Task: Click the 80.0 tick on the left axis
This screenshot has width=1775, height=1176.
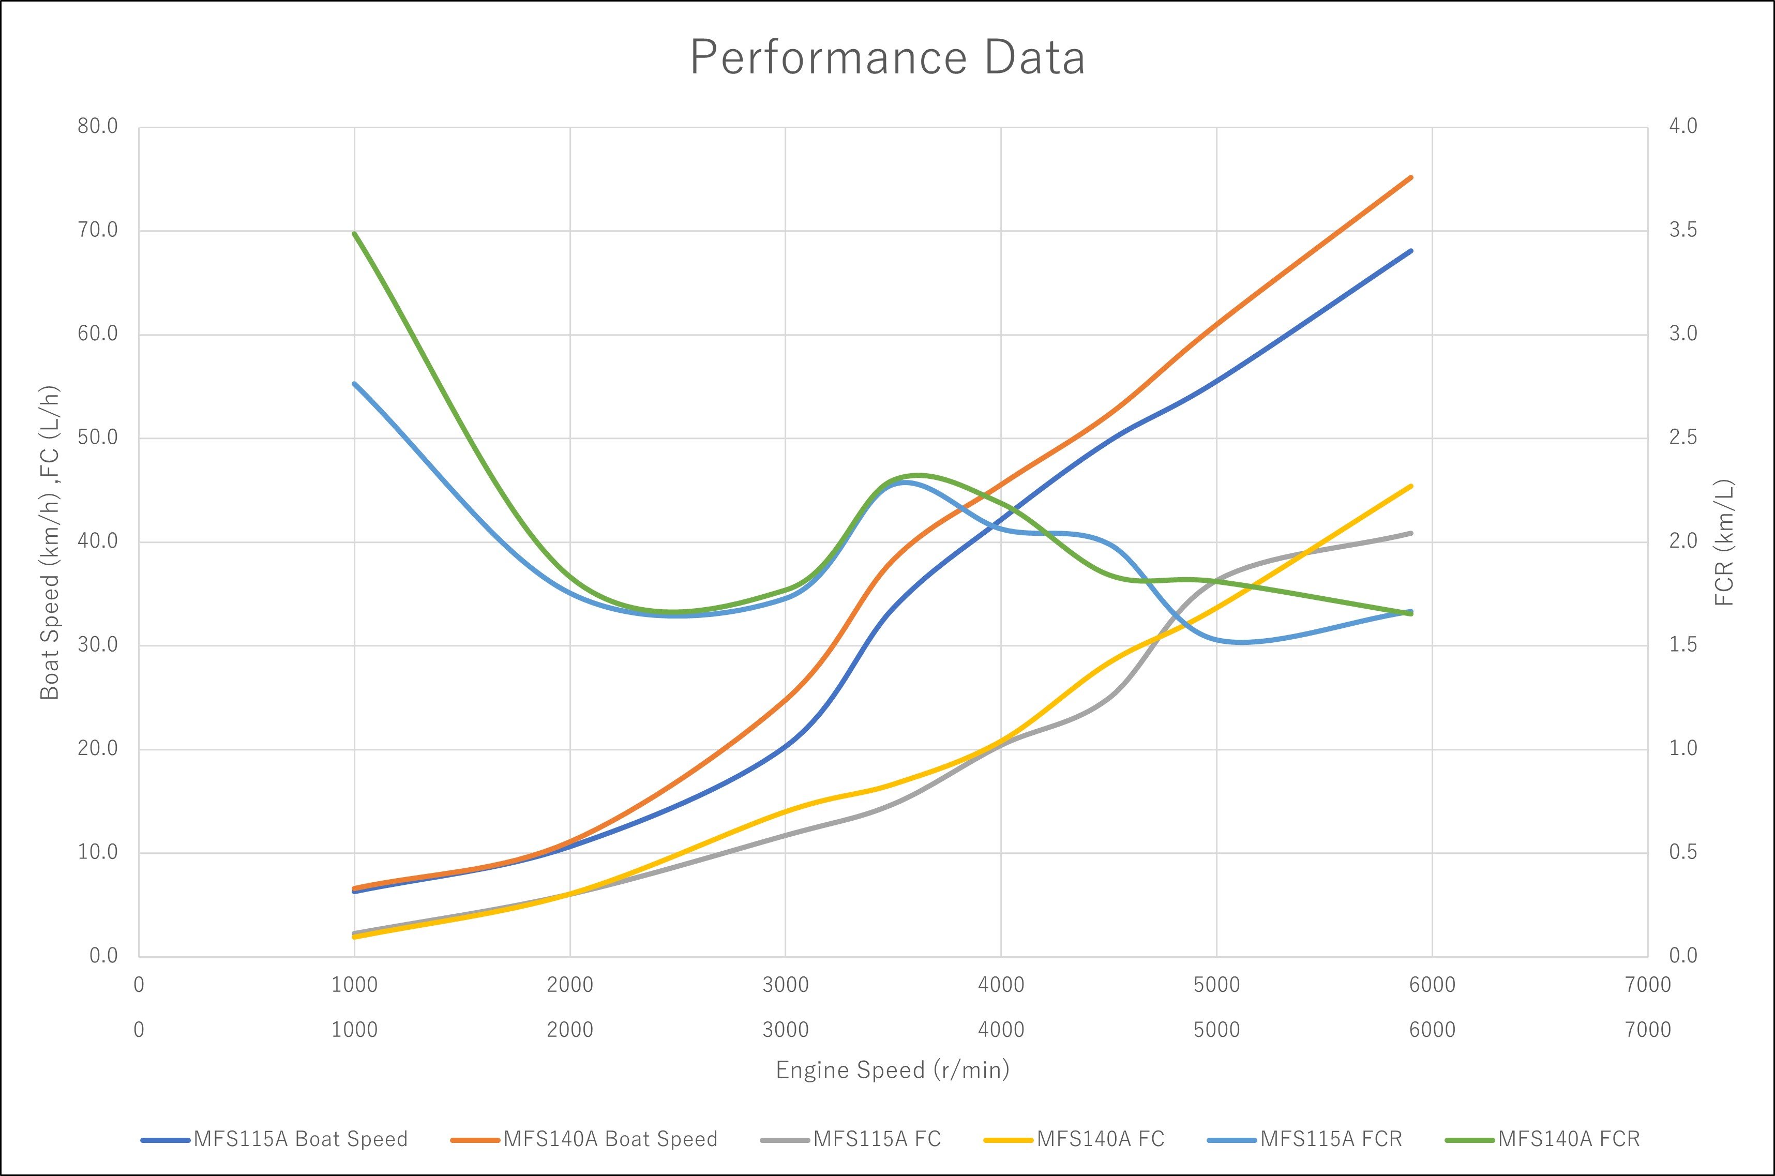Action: pyautogui.click(x=98, y=126)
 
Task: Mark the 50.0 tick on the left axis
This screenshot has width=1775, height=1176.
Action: pyautogui.click(x=98, y=438)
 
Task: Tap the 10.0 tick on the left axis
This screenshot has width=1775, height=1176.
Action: pyautogui.click(x=98, y=853)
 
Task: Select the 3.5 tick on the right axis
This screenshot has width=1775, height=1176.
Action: pyautogui.click(x=1683, y=230)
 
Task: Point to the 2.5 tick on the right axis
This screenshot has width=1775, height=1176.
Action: pyautogui.click(x=1683, y=438)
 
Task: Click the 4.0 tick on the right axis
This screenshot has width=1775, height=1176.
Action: pyautogui.click(x=1683, y=126)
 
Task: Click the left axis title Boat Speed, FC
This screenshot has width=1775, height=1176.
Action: pyautogui.click(x=50, y=541)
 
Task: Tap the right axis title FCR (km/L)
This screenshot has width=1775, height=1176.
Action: pyautogui.click(x=1725, y=541)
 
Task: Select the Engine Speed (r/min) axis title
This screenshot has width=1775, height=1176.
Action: pyautogui.click(x=892, y=1069)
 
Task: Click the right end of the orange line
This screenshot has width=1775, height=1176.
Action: pyautogui.click(x=1411, y=178)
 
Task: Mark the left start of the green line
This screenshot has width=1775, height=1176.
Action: pyautogui.click(x=355, y=233)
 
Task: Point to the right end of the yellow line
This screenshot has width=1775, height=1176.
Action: pyautogui.click(x=1411, y=486)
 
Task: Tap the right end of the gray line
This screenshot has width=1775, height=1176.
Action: pyautogui.click(x=1411, y=533)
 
